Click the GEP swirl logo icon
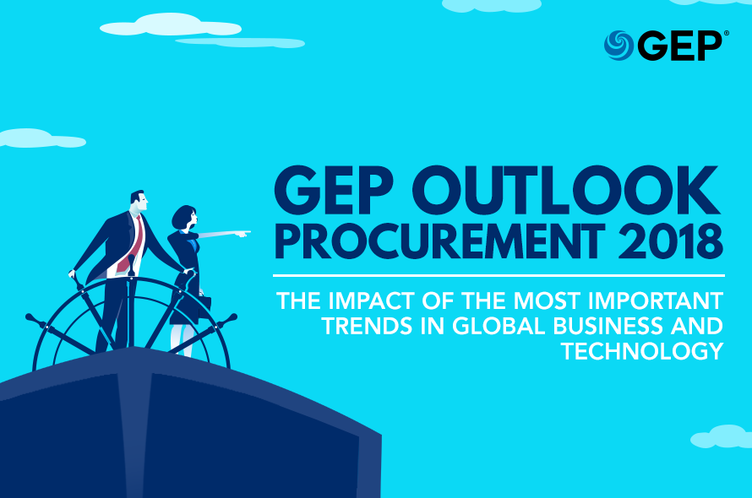tap(618, 46)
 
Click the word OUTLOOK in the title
tap(566, 191)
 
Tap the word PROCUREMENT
tap(439, 242)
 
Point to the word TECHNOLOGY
tap(642, 351)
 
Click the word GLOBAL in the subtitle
tap(499, 327)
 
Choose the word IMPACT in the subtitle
tap(371, 301)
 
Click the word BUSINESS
tap(608, 327)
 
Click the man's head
tap(139, 200)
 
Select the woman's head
tap(185, 218)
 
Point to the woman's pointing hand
tap(243, 234)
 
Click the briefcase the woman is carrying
tap(204, 306)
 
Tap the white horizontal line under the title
tap(499, 276)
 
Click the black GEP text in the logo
tap(682, 46)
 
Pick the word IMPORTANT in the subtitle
tap(656, 301)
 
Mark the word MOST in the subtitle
tap(548, 301)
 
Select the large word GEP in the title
tap(335, 191)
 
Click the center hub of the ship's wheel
tap(131, 277)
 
